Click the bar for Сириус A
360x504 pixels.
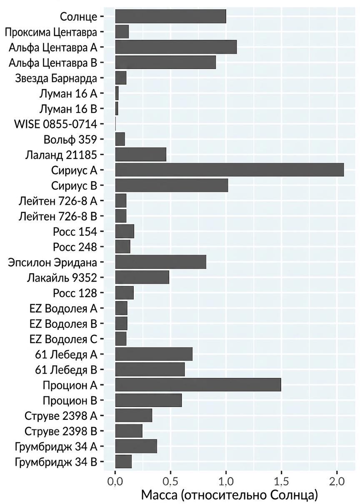click(230, 170)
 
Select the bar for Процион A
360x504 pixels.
click(198, 384)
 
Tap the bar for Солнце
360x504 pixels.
click(171, 16)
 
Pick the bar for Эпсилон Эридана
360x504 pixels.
click(161, 262)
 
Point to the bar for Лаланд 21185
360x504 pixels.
click(141, 155)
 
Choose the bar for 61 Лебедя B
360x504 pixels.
click(150, 369)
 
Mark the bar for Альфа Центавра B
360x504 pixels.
click(165, 62)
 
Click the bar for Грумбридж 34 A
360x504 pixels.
click(136, 446)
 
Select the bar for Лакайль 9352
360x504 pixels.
click(142, 277)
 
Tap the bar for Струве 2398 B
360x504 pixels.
click(129, 431)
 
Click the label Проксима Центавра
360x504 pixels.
click(51, 32)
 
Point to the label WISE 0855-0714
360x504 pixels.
click(55, 124)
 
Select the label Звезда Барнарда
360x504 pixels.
click(56, 78)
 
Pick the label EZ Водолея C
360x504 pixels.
click(63, 339)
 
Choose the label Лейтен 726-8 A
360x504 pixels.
click(58, 201)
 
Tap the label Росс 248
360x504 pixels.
click(75, 247)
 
